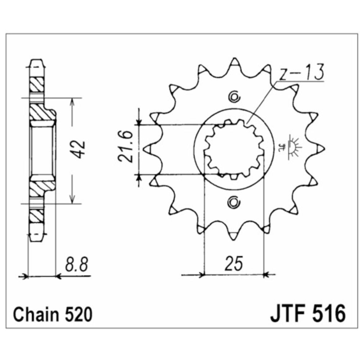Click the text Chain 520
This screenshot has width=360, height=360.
coord(53,314)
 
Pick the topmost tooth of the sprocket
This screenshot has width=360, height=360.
coord(235,62)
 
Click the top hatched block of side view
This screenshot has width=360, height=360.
coord(36,85)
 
